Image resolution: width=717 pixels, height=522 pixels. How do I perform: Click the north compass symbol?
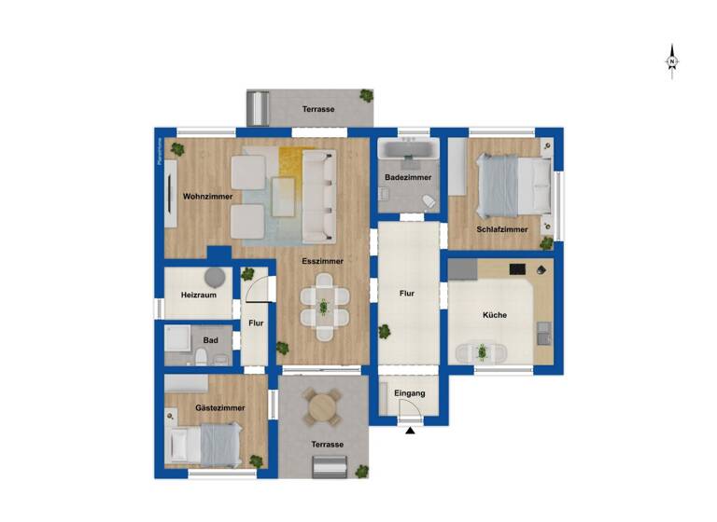tap(671, 60)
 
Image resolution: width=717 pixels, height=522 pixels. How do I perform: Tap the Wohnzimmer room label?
tap(207, 197)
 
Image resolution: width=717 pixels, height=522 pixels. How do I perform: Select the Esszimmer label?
tap(322, 262)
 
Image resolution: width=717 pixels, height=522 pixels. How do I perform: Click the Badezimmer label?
tap(408, 177)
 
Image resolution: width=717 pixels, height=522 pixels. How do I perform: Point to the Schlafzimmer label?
tap(502, 229)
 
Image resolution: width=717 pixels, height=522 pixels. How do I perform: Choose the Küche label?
tap(495, 315)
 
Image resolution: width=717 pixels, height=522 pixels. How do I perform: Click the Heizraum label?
tap(199, 295)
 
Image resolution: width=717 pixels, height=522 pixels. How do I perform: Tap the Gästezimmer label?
tap(220, 408)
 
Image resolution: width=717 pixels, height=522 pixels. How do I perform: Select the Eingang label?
tap(410, 393)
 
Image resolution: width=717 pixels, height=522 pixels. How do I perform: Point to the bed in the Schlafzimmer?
tap(513, 183)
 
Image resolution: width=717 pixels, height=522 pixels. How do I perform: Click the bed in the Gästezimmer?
tap(207, 445)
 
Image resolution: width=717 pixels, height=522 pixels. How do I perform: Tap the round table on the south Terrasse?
tap(323, 405)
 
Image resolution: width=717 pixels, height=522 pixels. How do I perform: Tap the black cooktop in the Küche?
tap(517, 269)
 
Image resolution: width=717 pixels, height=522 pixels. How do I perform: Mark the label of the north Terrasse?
tap(318, 110)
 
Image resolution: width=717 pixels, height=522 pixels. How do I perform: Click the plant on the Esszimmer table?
tap(324, 305)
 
